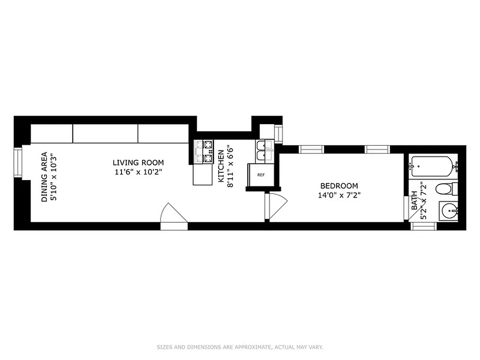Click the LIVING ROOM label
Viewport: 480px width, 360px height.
pyautogui.click(x=138, y=163)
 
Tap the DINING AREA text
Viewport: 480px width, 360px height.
pyautogui.click(x=44, y=177)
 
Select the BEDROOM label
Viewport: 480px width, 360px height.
pyautogui.click(x=339, y=186)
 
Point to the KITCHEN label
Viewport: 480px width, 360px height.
pyautogui.click(x=221, y=166)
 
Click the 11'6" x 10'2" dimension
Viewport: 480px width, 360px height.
pyautogui.click(x=138, y=172)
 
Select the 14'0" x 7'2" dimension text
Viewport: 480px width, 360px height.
pyautogui.click(x=339, y=195)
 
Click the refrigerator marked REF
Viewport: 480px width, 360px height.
pyautogui.click(x=260, y=175)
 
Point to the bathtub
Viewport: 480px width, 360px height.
pyautogui.click(x=431, y=166)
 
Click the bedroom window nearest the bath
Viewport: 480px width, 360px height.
pyautogui.click(x=377, y=149)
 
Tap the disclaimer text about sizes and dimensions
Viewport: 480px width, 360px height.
pyautogui.click(x=240, y=347)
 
